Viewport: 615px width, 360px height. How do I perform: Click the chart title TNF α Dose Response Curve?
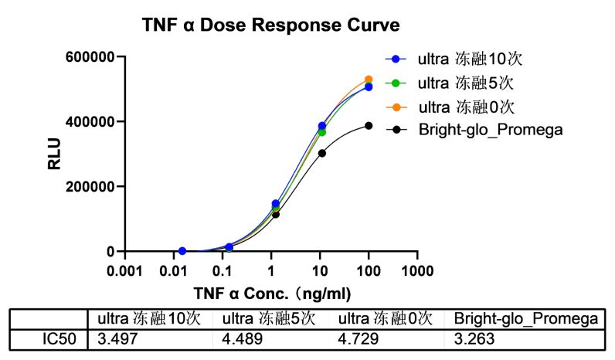point(270,25)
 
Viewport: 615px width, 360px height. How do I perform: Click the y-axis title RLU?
point(55,154)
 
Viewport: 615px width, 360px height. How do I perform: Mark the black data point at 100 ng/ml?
point(369,126)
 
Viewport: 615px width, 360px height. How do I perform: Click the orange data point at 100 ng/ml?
point(369,80)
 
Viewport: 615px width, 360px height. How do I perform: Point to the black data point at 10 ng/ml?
point(322,153)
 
